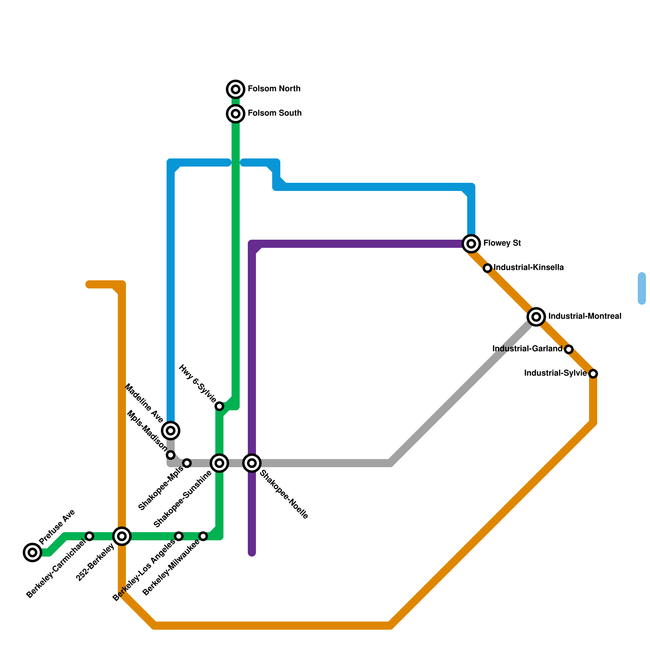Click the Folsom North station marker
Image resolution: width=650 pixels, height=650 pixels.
coord(236,89)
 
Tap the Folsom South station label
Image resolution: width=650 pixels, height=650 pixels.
coord(274,113)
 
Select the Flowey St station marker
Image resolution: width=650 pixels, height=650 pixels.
coord(471,244)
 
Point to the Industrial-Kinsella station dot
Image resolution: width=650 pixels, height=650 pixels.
coord(487,268)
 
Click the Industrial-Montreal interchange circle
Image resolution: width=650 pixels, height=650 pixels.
coord(536,316)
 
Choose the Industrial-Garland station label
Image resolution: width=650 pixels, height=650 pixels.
coord(527,349)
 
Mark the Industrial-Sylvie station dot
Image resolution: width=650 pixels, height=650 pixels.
coord(593,373)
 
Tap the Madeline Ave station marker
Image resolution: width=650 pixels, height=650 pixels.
coord(171,430)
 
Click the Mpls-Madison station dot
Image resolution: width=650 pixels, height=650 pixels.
coord(171,455)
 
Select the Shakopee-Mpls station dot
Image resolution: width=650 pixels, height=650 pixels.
coord(187,463)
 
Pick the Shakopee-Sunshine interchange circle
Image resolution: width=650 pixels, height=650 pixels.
coord(219,463)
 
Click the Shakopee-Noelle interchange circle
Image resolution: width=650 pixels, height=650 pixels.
coord(252,463)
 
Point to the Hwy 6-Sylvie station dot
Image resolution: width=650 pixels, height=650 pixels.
coord(219,406)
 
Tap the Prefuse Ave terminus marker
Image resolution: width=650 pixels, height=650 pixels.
coord(32,552)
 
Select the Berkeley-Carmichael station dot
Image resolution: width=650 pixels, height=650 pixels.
coord(90,536)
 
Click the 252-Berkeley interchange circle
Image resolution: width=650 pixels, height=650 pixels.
coord(122,536)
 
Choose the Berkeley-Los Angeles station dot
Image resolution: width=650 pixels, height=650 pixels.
coord(179,536)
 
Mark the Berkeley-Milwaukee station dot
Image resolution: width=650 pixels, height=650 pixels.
coord(203,537)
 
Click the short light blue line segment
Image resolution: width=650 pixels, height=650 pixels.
coord(642,288)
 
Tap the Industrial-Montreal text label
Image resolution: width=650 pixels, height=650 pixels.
coord(584,316)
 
